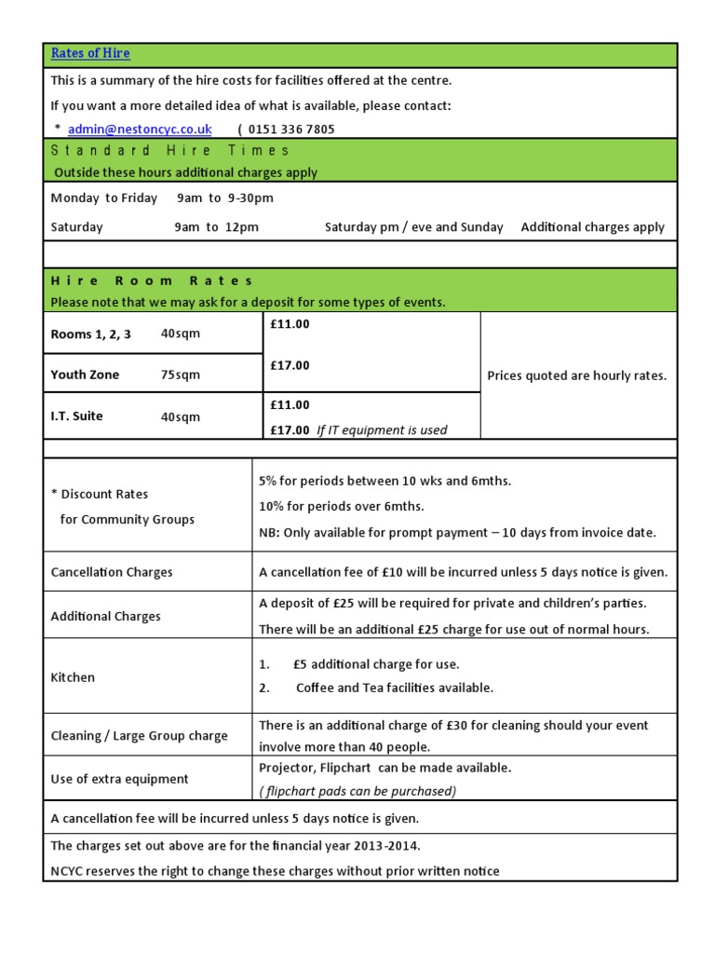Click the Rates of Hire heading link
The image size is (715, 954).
click(x=90, y=54)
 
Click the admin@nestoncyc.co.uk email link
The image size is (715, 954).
click(x=140, y=129)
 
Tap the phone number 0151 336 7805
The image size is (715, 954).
click(x=291, y=129)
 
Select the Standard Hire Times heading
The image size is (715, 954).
click(x=170, y=150)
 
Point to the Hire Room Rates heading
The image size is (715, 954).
click(x=152, y=280)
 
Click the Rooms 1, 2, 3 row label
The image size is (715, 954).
click(x=90, y=334)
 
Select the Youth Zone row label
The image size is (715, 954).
click(x=85, y=375)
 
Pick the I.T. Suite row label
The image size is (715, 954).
click(x=76, y=416)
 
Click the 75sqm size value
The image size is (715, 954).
click(x=181, y=375)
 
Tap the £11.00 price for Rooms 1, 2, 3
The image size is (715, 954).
click(x=290, y=324)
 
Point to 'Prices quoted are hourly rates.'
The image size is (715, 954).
click(x=577, y=376)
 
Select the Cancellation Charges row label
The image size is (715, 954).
click(x=112, y=572)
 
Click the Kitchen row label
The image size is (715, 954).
click(x=73, y=677)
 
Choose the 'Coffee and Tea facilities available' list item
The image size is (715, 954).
click(x=394, y=688)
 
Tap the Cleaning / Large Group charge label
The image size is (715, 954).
click(x=139, y=736)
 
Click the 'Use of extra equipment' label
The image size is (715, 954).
click(x=119, y=779)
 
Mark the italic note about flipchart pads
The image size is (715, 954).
click(x=357, y=791)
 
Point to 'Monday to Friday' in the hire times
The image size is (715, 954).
click(x=104, y=198)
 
